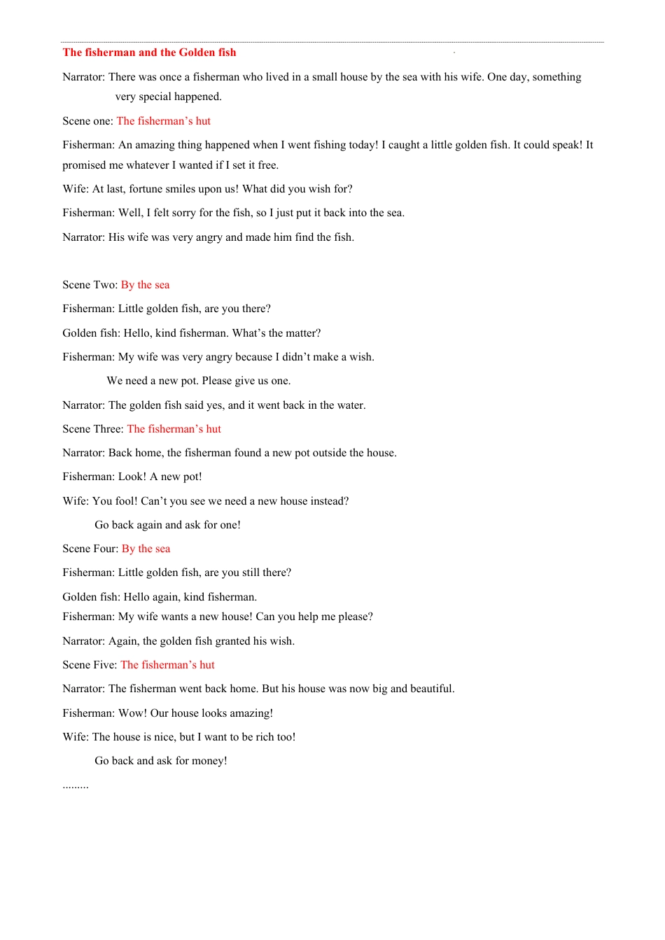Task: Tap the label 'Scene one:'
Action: [87, 121]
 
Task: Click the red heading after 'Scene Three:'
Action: [174, 429]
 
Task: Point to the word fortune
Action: [148, 189]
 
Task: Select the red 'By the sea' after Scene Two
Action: [145, 285]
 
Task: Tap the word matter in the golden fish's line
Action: [302, 333]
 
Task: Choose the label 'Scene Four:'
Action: [90, 549]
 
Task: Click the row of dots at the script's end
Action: [76, 786]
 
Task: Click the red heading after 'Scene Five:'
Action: [167, 665]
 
